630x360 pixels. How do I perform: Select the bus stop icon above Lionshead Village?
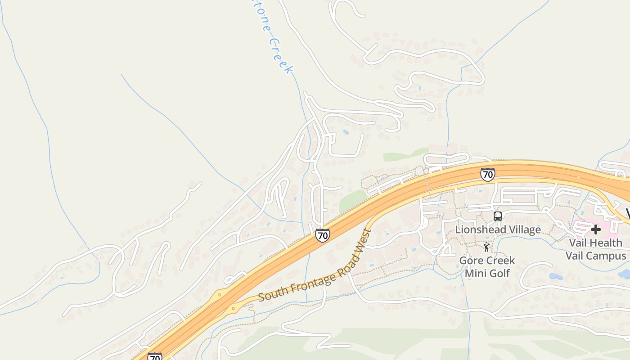[x=497, y=216]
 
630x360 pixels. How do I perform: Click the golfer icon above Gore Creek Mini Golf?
[x=486, y=247]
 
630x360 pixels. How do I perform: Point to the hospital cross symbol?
[x=596, y=229]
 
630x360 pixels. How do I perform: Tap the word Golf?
[x=500, y=273]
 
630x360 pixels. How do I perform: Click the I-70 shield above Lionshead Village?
[x=487, y=174]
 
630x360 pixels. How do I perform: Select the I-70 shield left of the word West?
[x=322, y=235]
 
